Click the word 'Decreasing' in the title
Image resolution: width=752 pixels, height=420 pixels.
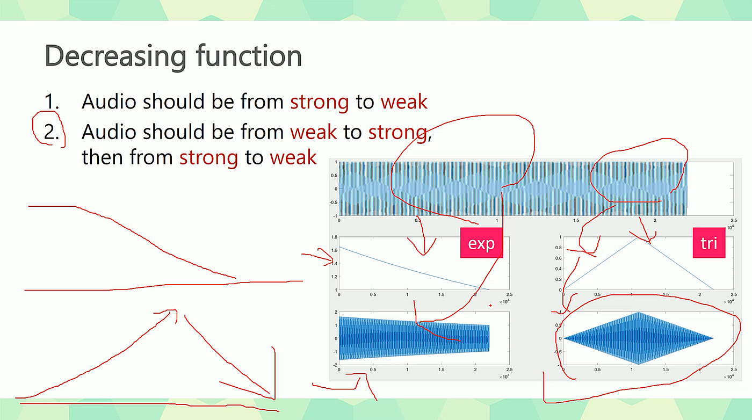point(115,55)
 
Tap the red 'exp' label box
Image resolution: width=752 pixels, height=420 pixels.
point(481,243)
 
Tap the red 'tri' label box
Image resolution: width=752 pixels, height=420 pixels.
point(708,243)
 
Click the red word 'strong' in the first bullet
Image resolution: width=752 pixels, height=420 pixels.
point(319,101)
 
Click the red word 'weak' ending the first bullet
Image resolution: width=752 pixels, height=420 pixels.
point(404,101)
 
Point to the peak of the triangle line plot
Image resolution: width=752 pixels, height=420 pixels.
point(639,237)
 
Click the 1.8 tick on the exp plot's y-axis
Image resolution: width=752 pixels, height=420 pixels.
point(334,237)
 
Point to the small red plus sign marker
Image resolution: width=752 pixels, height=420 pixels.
point(490,306)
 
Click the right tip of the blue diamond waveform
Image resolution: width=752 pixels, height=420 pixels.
point(713,338)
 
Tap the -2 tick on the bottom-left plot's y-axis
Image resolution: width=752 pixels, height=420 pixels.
point(335,365)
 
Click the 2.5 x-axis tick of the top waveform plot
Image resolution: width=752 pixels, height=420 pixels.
point(733,221)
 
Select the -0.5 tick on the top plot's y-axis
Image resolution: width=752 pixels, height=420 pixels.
point(332,202)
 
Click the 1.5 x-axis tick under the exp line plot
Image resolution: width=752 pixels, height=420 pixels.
point(442,295)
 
